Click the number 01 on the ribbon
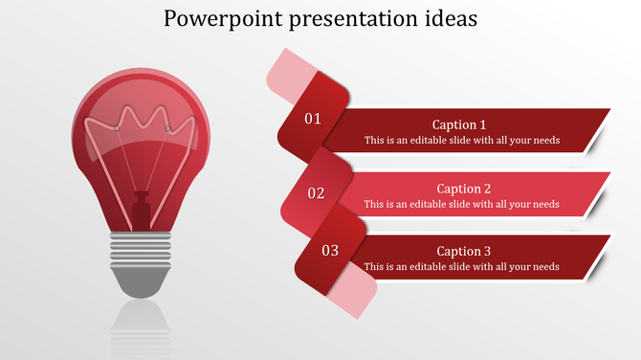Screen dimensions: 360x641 coord(313,120)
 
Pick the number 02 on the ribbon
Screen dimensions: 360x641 coord(316,193)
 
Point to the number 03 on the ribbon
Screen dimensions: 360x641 coord(330,251)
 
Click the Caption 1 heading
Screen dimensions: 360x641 coord(459,124)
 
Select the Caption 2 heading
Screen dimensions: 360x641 coord(463,189)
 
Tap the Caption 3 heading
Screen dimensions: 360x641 coord(463,251)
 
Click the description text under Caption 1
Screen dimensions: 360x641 coord(461,141)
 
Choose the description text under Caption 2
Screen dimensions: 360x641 coord(461,204)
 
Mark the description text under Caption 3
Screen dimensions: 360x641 coord(461,267)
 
